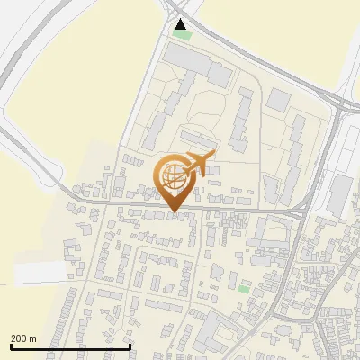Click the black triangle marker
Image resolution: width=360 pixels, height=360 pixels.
pos(181,24)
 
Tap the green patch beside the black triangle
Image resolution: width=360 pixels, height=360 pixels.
pos(184,35)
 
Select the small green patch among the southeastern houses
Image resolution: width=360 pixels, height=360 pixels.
pos(244,288)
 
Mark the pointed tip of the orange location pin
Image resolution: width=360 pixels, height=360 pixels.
pos(174,212)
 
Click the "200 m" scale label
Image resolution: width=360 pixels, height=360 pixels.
pos(24,337)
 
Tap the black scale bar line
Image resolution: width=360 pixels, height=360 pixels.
pos(70,346)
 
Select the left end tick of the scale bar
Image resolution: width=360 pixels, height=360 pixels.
pos(10,345)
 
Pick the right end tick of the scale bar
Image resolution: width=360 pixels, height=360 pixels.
pos(130,345)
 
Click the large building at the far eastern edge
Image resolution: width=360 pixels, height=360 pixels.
pos(342,193)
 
